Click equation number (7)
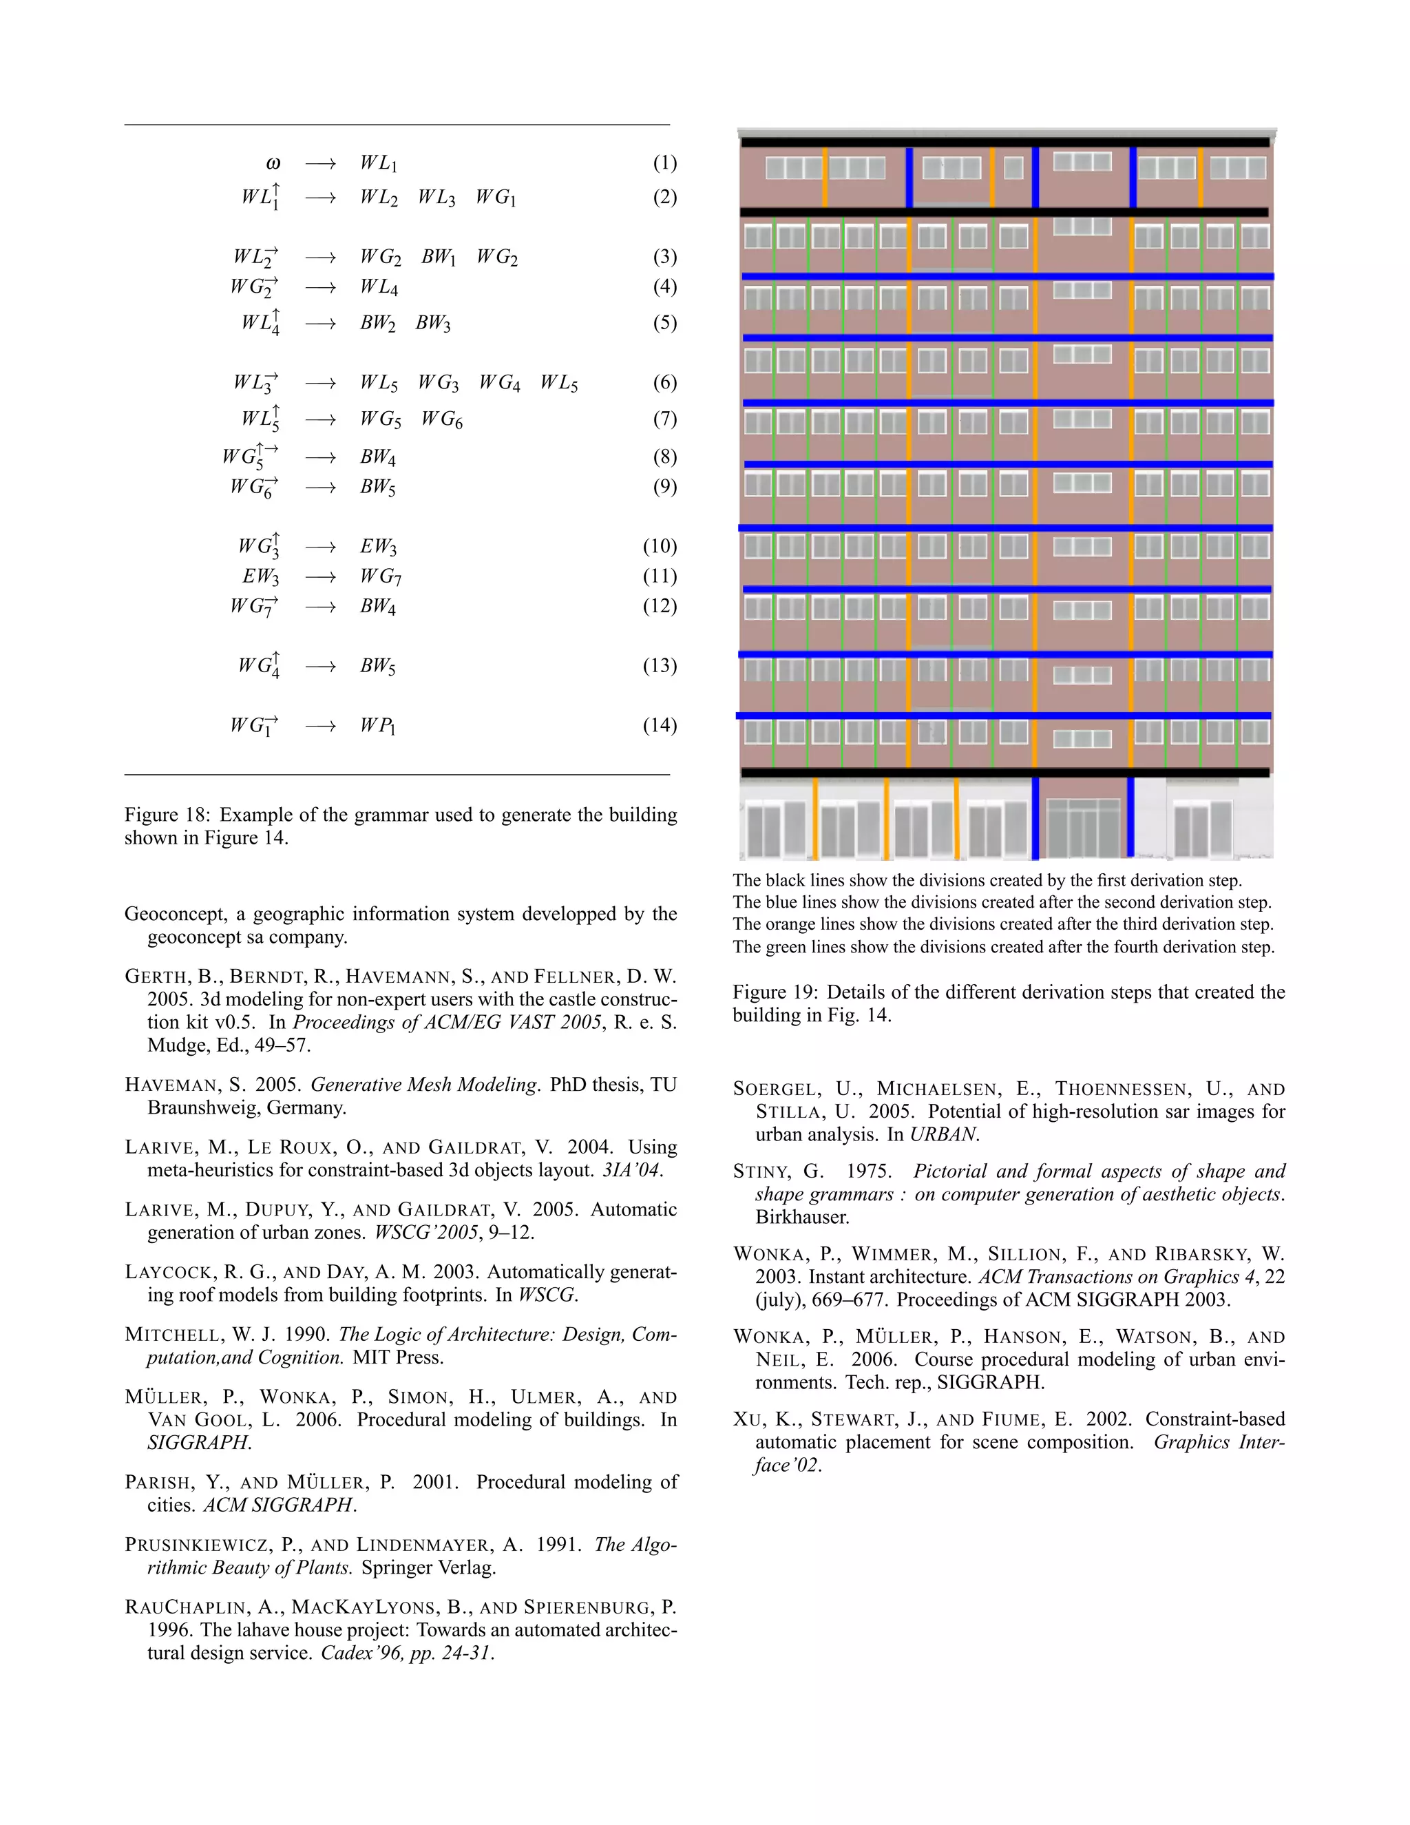coord(664,419)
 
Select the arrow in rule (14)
coord(320,726)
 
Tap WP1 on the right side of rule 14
coord(377,726)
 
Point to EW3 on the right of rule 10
coord(377,547)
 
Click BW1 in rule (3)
coord(439,258)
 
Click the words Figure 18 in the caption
coord(167,815)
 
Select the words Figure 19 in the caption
coord(775,992)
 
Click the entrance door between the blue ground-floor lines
coord(1082,827)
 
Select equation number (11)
coord(660,576)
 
